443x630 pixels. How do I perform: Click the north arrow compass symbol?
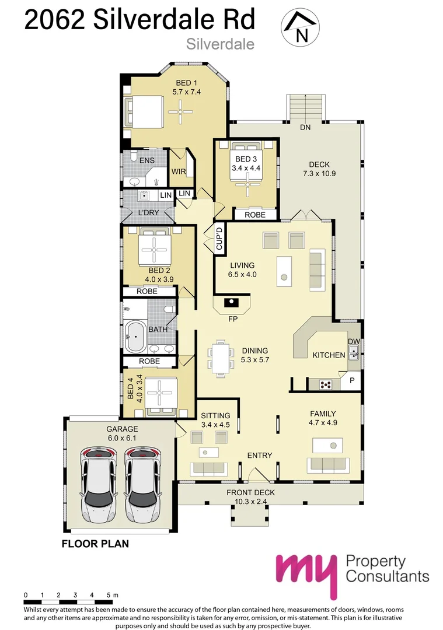(x=300, y=26)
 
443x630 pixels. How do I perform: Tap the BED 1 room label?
(x=186, y=83)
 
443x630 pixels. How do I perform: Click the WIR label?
(x=179, y=171)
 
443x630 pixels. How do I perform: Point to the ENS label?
(x=146, y=160)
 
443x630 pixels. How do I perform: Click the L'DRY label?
(x=149, y=212)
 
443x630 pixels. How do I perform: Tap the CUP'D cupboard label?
(x=219, y=239)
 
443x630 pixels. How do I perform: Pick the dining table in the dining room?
(x=220, y=358)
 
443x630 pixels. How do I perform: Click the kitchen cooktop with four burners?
(x=325, y=384)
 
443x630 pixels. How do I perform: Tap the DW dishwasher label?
(x=354, y=341)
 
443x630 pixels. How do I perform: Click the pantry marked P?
(x=351, y=380)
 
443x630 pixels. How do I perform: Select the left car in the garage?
(x=98, y=485)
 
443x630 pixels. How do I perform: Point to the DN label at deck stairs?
(x=305, y=127)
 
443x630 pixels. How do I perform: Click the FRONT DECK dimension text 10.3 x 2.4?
(x=251, y=502)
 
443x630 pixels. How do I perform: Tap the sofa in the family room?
(x=328, y=465)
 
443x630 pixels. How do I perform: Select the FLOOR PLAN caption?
(x=95, y=544)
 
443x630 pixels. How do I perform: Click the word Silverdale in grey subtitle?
(x=220, y=44)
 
